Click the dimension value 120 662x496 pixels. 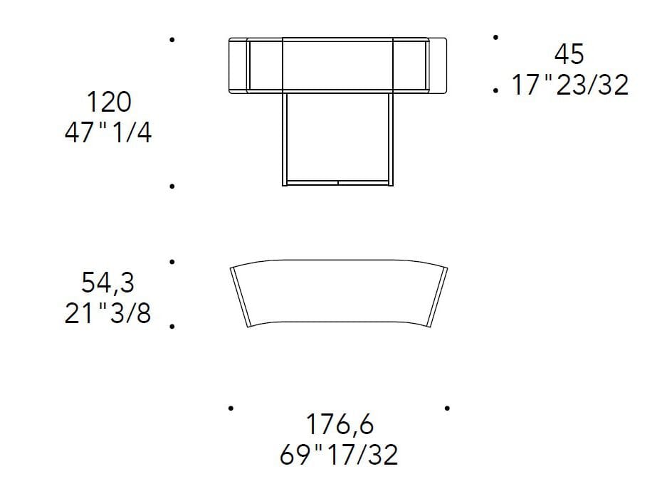pos(109,102)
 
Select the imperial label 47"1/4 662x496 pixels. pos(108,132)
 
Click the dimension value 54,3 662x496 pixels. pos(107,283)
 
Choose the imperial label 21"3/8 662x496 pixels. pos(108,313)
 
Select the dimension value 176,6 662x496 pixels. pos(339,425)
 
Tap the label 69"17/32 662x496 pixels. pos(339,455)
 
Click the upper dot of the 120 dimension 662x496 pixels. pos(172,41)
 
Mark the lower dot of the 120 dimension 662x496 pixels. pos(172,186)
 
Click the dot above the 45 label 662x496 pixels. pos(495,36)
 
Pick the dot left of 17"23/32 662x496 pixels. pos(495,91)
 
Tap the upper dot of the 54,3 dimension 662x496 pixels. pos(172,262)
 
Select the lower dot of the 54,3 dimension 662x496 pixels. pos(172,326)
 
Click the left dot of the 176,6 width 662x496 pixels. pos(231,408)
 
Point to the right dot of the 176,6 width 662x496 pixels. pos(446,408)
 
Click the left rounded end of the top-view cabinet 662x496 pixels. pos(238,65)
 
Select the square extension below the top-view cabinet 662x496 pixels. pos(337,139)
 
